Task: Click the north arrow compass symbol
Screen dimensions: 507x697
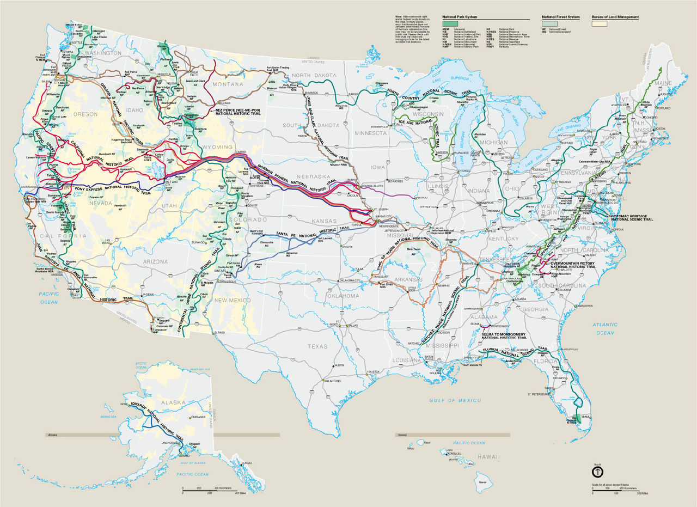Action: point(597,470)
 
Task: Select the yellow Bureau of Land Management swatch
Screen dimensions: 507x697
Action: point(600,24)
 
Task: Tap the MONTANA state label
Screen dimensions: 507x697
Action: point(228,84)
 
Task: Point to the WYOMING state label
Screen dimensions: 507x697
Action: point(217,147)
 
